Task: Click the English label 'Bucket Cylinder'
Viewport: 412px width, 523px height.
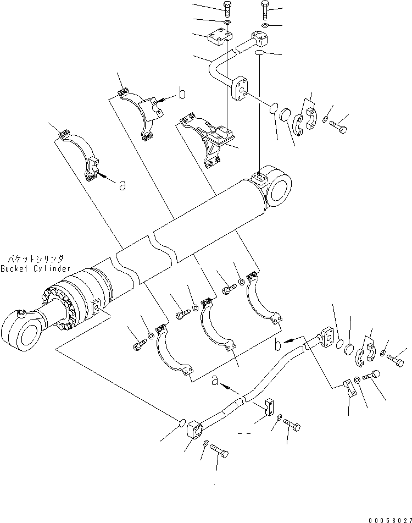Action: [x=35, y=268]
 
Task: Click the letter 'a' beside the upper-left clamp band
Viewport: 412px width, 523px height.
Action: [x=122, y=186]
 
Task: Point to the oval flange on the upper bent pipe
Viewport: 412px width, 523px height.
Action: [x=241, y=89]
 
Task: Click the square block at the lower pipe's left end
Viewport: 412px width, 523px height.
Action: [x=196, y=429]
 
